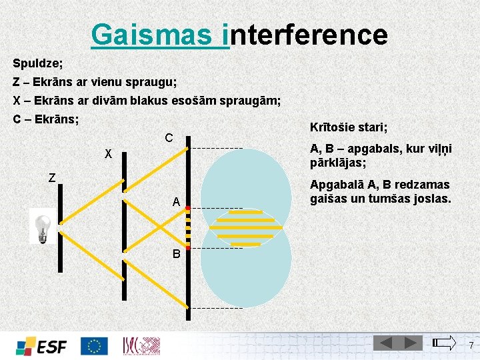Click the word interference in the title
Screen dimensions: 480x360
308,34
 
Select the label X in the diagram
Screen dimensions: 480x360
107,155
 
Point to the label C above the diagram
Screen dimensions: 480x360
169,138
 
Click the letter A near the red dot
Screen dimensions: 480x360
175,202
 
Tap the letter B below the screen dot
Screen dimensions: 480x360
176,254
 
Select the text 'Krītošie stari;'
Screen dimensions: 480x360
349,127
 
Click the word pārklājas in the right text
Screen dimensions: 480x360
337,162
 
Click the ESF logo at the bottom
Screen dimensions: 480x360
41,346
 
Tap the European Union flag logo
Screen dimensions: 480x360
94,346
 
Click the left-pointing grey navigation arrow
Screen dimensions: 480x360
385,343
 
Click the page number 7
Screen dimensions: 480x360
471,345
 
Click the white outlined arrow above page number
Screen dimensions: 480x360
445,343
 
